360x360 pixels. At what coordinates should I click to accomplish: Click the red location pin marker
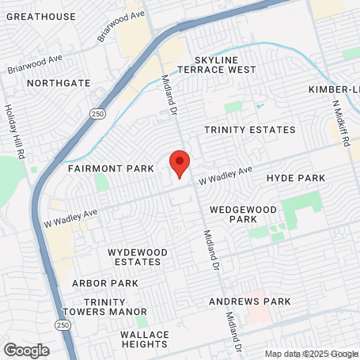coord(180,163)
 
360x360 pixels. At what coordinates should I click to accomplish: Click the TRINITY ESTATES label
coord(249,130)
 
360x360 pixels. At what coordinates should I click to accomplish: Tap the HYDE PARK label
coord(296,179)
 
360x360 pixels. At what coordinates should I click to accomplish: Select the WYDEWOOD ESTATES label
coord(138,256)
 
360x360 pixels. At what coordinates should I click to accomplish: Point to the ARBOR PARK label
coord(105,283)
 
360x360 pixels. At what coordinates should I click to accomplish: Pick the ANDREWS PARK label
coord(249,301)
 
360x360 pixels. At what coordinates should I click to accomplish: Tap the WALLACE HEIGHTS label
coord(145,339)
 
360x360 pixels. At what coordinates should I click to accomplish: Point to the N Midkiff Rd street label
coord(340,123)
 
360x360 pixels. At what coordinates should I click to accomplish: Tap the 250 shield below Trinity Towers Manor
coord(63,325)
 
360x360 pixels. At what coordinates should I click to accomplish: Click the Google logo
coord(26,350)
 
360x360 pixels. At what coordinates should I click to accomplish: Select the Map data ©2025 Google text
coord(311,354)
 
